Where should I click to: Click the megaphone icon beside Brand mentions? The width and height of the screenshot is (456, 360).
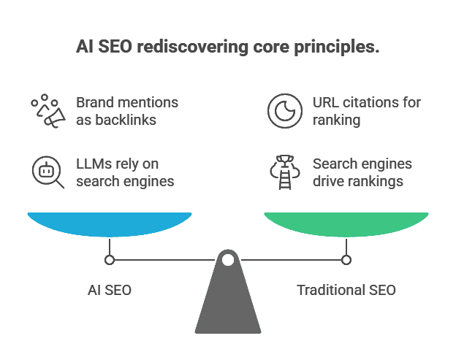click(49, 111)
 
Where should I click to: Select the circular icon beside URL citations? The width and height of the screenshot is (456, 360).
click(281, 111)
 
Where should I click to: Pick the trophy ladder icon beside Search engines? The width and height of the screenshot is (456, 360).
click(281, 172)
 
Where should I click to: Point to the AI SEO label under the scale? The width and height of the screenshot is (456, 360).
click(110, 290)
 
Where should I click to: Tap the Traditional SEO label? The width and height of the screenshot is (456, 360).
click(346, 290)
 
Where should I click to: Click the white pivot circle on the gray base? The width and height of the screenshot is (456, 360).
click(228, 259)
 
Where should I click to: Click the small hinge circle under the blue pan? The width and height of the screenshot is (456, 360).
click(110, 259)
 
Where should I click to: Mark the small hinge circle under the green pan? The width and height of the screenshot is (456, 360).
click(346, 259)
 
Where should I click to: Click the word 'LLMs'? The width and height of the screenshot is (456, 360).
click(91, 164)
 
